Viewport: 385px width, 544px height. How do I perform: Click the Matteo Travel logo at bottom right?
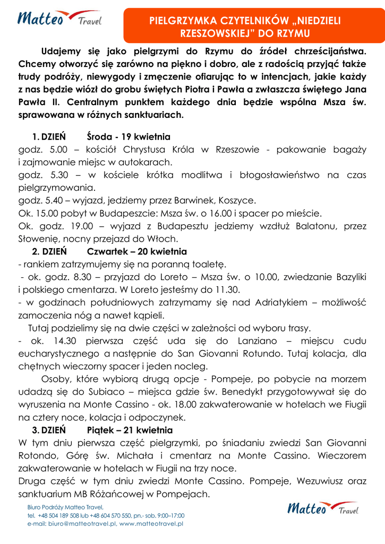pos(322,509)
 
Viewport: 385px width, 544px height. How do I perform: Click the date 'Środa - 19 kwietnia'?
pos(129,137)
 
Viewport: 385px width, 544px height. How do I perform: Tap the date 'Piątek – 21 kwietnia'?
pos(130,430)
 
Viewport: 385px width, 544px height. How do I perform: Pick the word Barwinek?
pos(176,201)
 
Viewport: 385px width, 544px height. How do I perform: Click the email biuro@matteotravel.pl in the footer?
pos(82,523)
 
